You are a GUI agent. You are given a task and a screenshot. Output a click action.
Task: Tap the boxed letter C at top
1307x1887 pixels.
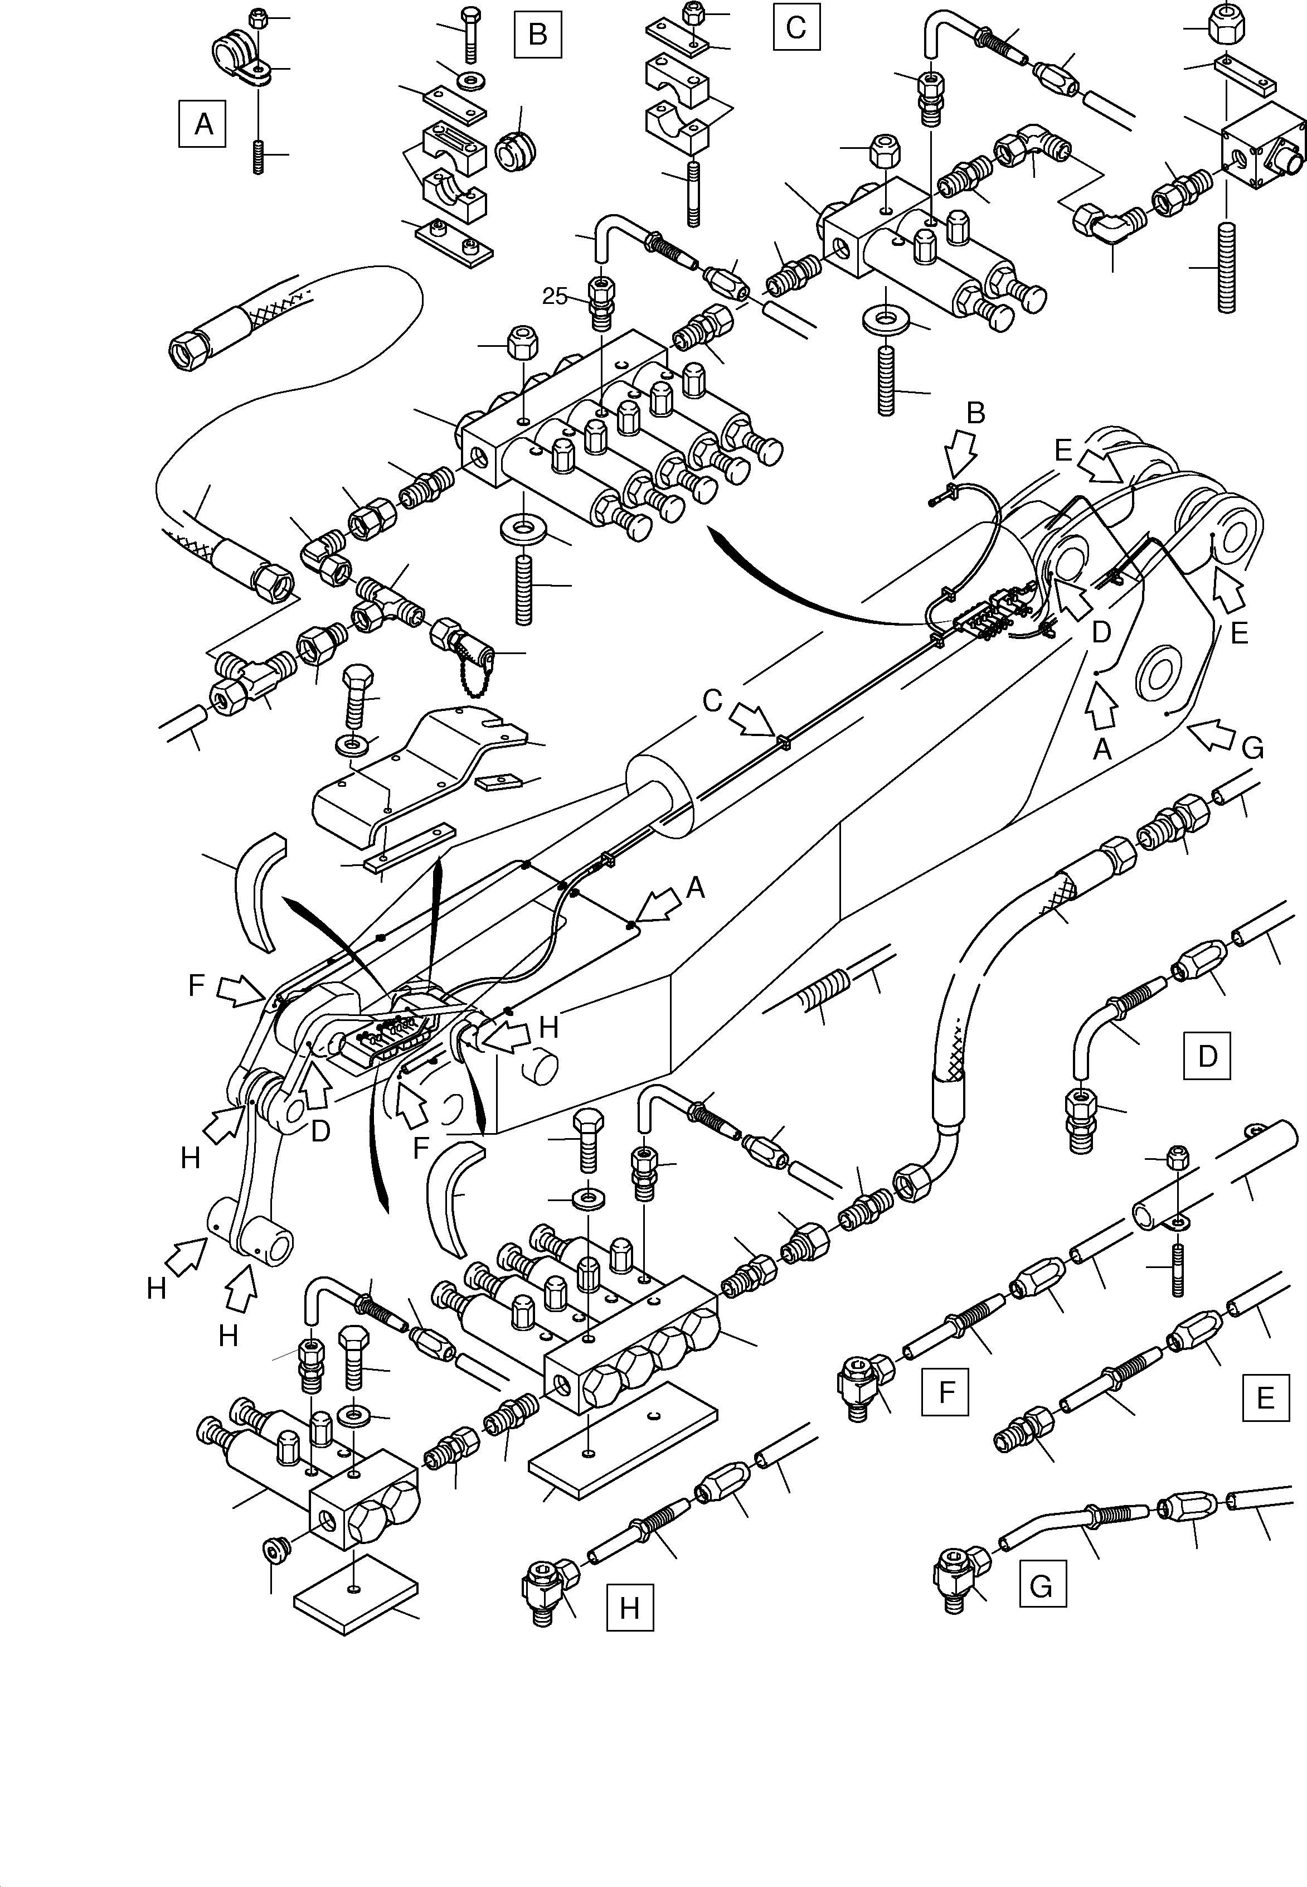click(x=796, y=28)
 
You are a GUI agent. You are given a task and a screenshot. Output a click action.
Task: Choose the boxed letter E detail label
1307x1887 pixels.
click(x=1265, y=1397)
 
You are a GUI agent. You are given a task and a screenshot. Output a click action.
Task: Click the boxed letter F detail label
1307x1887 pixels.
click(x=946, y=1392)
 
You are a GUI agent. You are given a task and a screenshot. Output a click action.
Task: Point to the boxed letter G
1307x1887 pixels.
click(x=1042, y=1585)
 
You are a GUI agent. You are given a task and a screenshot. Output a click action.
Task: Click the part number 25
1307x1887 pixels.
click(x=555, y=297)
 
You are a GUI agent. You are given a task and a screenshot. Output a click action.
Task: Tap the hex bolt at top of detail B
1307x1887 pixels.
click(x=471, y=33)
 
